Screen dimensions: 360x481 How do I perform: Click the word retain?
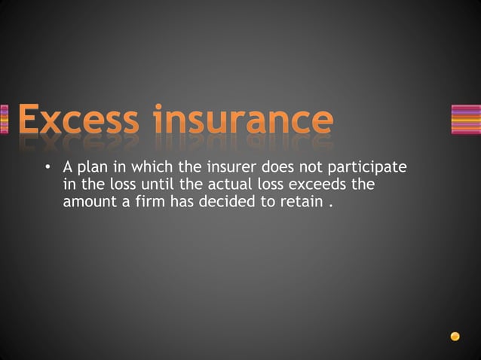coord(300,200)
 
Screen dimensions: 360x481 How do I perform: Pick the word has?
coord(184,200)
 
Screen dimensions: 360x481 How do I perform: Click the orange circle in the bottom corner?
coord(455,336)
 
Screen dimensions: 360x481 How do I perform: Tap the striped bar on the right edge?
coord(465,120)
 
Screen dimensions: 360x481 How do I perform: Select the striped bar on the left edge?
coord(5,120)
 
